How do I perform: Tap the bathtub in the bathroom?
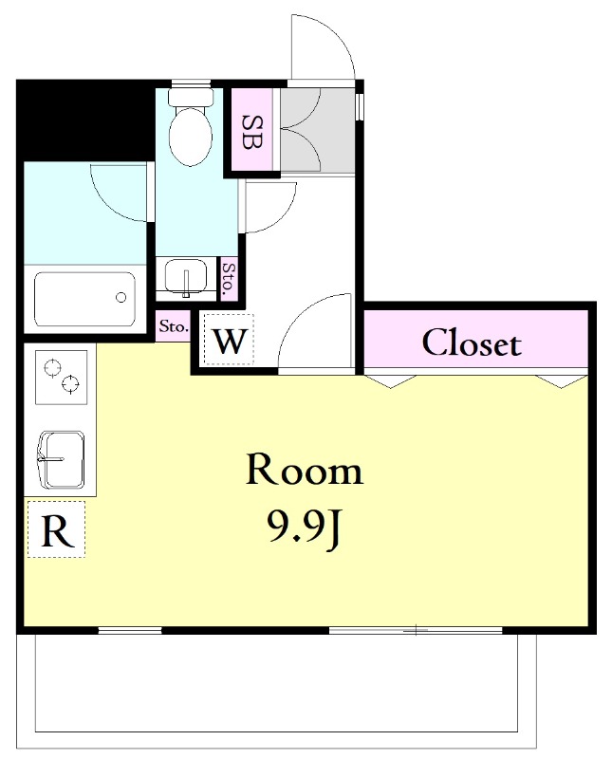[x=84, y=300]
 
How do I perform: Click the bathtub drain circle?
[x=121, y=297]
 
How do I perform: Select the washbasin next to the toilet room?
[x=186, y=278]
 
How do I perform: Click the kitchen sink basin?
[x=61, y=459]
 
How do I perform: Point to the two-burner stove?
[x=61, y=377]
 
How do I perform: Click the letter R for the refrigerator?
[x=57, y=531]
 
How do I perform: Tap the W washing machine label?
[x=230, y=342]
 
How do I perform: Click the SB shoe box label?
[x=252, y=132]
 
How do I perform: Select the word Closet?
[x=472, y=343]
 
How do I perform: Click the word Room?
[x=304, y=470]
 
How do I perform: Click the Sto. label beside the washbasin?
[x=228, y=279]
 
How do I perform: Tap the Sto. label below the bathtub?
[x=173, y=326]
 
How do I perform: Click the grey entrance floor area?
[x=318, y=130]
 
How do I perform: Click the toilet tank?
[x=191, y=97]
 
